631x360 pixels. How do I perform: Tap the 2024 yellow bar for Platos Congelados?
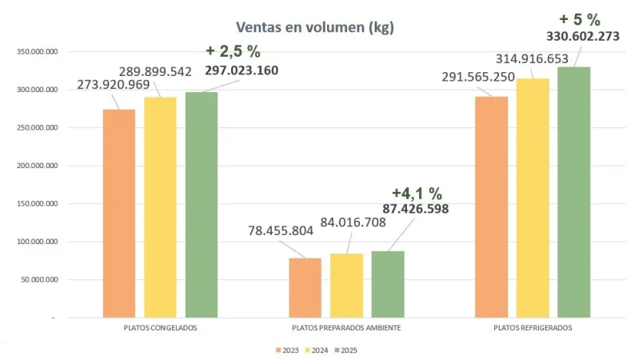tap(160, 207)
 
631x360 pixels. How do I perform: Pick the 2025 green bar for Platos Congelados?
tap(202, 205)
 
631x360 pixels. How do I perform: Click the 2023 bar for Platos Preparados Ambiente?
tap(305, 287)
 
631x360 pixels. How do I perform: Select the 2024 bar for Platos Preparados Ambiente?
tap(346, 286)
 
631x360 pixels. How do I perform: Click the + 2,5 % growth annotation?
tap(233, 51)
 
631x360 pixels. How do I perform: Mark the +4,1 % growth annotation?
tap(417, 193)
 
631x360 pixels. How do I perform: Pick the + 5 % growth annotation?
tap(569, 18)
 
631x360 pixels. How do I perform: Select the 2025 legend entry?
tap(345, 350)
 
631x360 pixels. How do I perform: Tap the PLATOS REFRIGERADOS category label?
tap(533, 328)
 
